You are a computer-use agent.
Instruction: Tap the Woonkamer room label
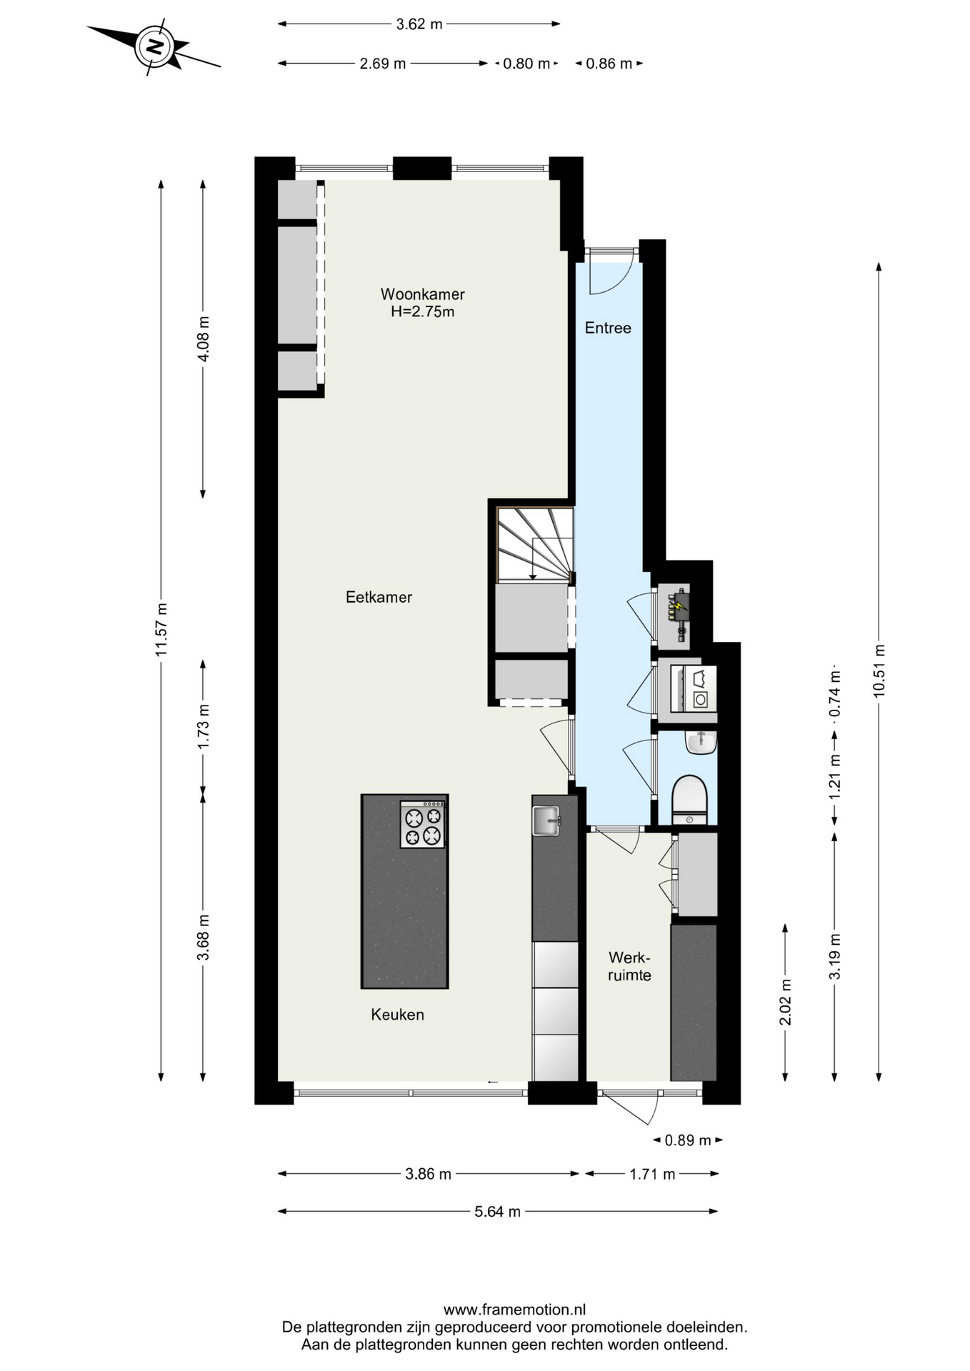pyautogui.click(x=422, y=294)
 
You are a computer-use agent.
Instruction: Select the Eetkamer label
pyautogui.click(x=379, y=597)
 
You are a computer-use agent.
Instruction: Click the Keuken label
pyautogui.click(x=397, y=1015)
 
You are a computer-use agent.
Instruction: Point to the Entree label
pyautogui.click(x=608, y=328)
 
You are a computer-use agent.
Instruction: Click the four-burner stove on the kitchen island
pyautogui.click(x=423, y=825)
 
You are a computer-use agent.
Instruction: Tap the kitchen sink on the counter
pyautogui.click(x=547, y=820)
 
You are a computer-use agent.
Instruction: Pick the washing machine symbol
pyautogui.click(x=694, y=689)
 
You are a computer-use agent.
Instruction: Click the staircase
pyautogui.click(x=535, y=544)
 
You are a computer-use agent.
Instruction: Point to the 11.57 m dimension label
pyautogui.click(x=161, y=630)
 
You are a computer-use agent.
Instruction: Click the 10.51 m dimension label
pyautogui.click(x=879, y=671)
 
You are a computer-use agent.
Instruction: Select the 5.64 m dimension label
pyautogui.click(x=498, y=1212)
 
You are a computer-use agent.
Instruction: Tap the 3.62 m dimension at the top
pyautogui.click(x=419, y=24)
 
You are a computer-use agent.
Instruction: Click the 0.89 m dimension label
pyautogui.click(x=688, y=1140)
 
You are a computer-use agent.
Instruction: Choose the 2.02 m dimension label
pyautogui.click(x=785, y=1003)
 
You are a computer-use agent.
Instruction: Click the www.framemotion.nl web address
pyautogui.click(x=514, y=1310)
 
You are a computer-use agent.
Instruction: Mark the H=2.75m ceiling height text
pyautogui.click(x=422, y=312)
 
